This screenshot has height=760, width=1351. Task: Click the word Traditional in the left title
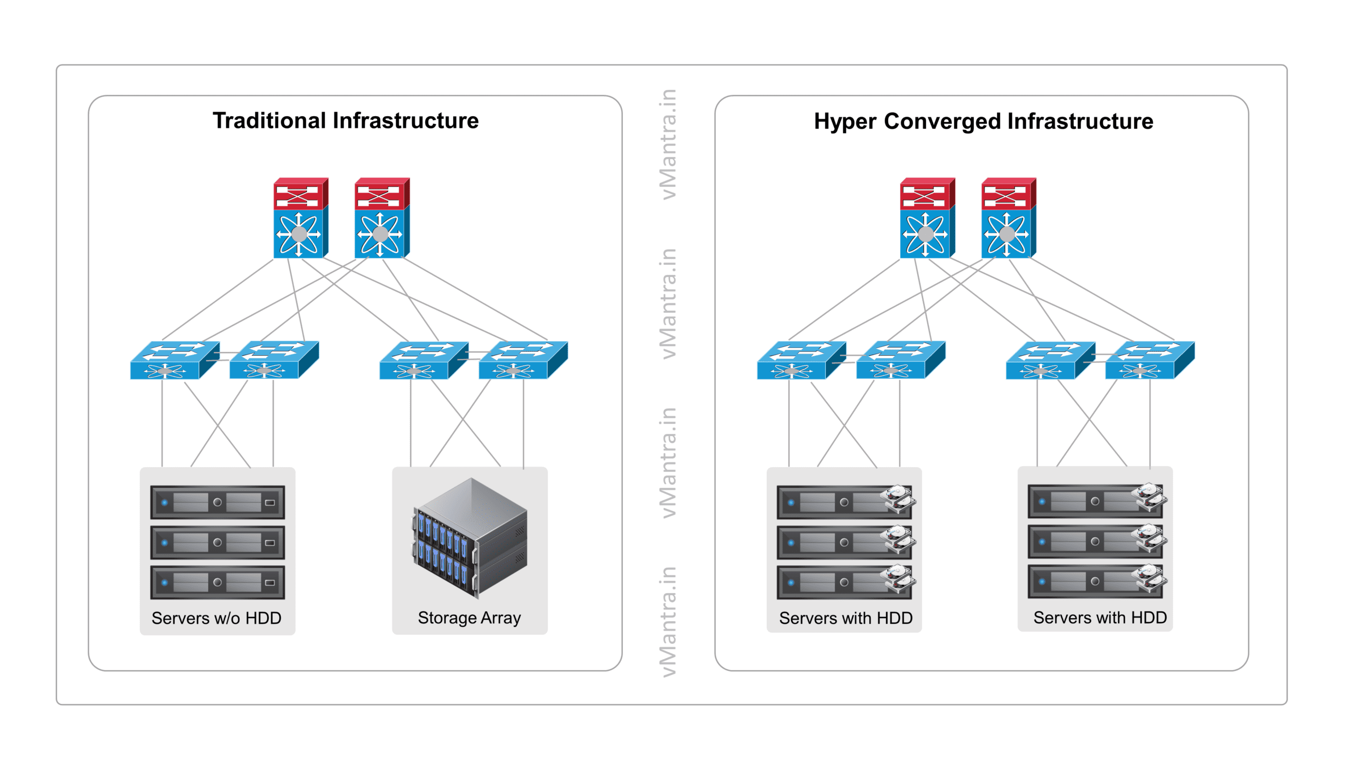click(269, 121)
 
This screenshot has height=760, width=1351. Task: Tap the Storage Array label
click(469, 617)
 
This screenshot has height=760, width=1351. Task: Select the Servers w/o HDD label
click(216, 618)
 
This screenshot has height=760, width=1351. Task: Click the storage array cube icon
click(470, 538)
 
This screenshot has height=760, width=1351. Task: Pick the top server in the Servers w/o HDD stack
click(217, 502)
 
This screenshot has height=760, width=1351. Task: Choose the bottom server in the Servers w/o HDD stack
click(217, 583)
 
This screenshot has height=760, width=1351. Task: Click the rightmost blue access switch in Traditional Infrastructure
click(522, 360)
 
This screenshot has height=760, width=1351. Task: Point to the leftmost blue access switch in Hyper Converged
click(800, 360)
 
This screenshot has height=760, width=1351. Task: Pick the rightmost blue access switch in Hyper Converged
click(1149, 360)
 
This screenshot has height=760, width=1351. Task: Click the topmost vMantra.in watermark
click(668, 145)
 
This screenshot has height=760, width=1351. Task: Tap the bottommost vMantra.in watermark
click(668, 622)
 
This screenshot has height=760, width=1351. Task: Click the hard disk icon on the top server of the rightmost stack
click(1149, 498)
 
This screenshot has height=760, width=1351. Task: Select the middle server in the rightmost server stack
click(1095, 541)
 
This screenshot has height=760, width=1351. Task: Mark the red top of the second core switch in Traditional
click(382, 194)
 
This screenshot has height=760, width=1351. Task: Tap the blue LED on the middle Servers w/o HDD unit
click(165, 543)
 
